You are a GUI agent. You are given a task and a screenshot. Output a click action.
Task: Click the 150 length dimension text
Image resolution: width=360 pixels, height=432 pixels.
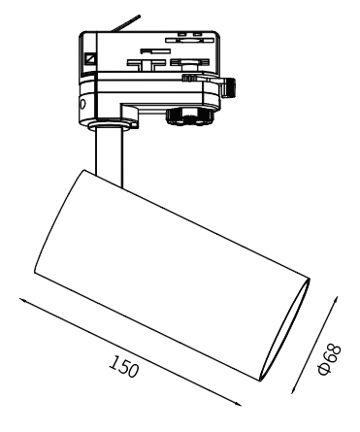pos(124,366)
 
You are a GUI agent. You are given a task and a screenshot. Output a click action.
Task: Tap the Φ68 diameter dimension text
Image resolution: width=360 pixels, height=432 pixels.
pos(330,359)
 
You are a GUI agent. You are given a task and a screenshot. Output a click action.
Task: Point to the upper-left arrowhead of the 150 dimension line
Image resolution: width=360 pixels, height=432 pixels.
pos(22,300)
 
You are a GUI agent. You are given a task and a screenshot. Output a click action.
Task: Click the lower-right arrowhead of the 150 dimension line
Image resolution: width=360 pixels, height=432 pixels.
pos(238,404)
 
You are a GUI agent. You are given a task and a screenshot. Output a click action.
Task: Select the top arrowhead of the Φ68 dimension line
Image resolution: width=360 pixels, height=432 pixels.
pos(336,299)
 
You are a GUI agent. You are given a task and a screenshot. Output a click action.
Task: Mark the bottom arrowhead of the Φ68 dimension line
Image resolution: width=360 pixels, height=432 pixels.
pos(294,389)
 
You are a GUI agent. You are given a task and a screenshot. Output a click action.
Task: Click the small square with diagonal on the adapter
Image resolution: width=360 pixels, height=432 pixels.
pos(89,58)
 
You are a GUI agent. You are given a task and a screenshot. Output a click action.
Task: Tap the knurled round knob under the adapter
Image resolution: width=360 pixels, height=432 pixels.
pos(189,116)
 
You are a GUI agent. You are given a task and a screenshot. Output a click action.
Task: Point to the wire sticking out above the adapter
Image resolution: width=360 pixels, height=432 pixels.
pos(125,22)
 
